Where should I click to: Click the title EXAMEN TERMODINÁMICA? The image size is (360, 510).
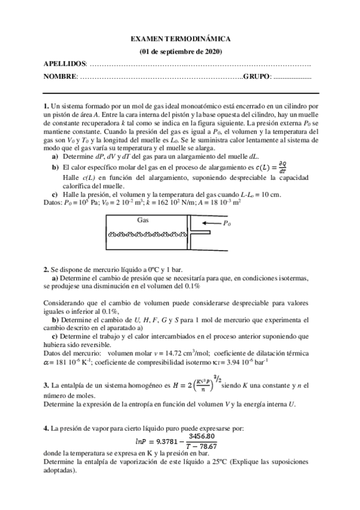point(180,38)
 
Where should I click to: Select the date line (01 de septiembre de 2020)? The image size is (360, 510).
point(180,51)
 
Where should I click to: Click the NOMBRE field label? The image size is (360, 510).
point(60,76)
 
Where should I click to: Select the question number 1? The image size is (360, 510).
point(46,105)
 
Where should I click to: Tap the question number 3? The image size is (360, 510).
point(46,385)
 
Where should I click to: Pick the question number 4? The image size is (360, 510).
point(46,428)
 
